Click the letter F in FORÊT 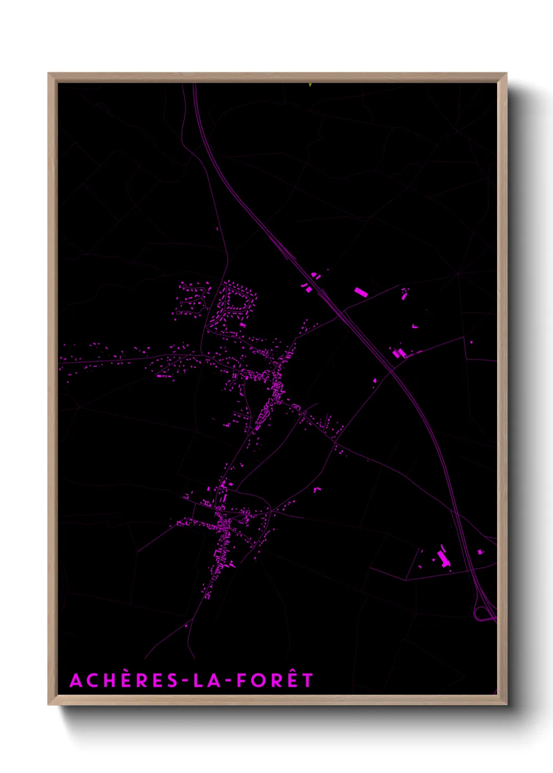[241, 681]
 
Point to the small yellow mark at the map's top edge [310, 84]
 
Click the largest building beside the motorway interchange [444, 559]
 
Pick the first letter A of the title [76, 681]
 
